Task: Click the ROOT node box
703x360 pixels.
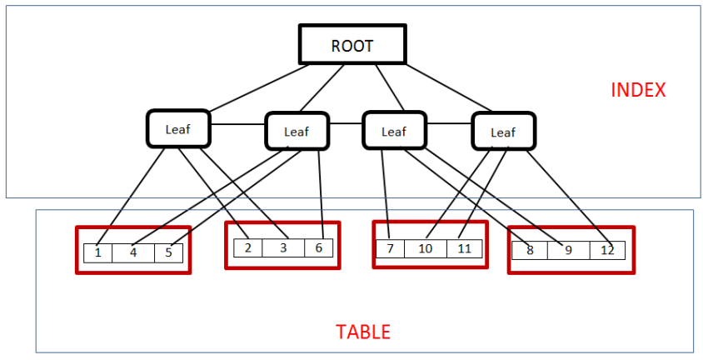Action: pyautogui.click(x=352, y=45)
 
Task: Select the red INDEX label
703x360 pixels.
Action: pyautogui.click(x=638, y=90)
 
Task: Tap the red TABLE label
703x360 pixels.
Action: pyautogui.click(x=363, y=332)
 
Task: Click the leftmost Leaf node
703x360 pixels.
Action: pyautogui.click(x=178, y=129)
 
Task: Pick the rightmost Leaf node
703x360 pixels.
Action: pyautogui.click(x=503, y=132)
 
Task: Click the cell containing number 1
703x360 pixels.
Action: pyautogui.click(x=98, y=252)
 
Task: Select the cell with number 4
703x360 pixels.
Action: pyautogui.click(x=133, y=252)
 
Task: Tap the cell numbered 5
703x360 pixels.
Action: pyautogui.click(x=168, y=252)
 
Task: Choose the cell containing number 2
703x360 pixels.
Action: pyautogui.click(x=247, y=247)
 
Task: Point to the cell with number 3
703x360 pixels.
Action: pyautogui.click(x=283, y=247)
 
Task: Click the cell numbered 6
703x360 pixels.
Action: pyautogui.click(x=318, y=247)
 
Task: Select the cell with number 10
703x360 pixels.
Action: pyautogui.click(x=426, y=249)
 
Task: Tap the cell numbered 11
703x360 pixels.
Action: pyautogui.click(x=465, y=249)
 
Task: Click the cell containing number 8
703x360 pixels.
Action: pyautogui.click(x=529, y=250)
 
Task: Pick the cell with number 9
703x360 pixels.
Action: pyautogui.click(x=568, y=250)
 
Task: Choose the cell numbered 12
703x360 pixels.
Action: pyautogui.click(x=607, y=250)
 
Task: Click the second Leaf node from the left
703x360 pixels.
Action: pyautogui.click(x=296, y=131)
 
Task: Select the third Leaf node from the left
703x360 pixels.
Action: pyautogui.click(x=393, y=131)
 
